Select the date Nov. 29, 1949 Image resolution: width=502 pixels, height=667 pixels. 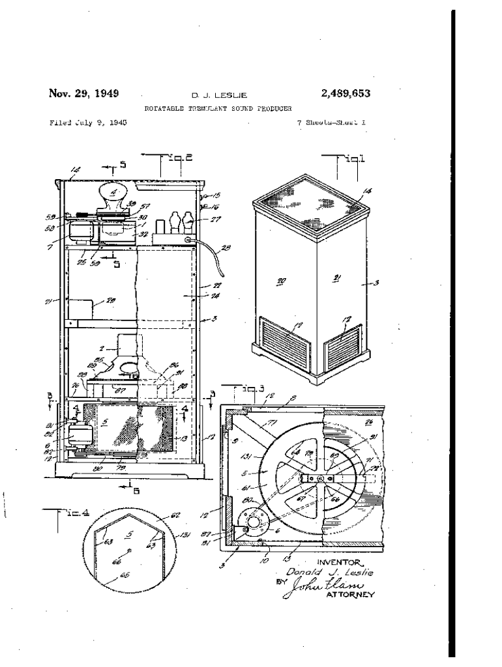point(83,93)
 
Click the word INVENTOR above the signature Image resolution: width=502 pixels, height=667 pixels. point(339,560)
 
